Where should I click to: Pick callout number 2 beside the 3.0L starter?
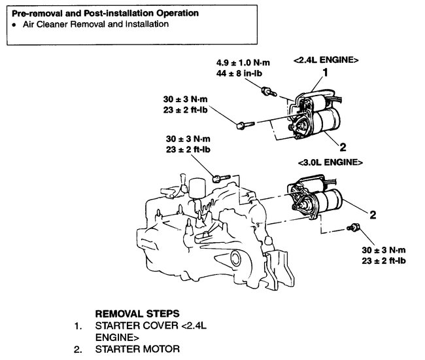pos(372,214)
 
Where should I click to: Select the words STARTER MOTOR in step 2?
pos(136,350)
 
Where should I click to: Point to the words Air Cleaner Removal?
pos(62,24)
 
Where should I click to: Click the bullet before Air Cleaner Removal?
pos(14,24)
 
